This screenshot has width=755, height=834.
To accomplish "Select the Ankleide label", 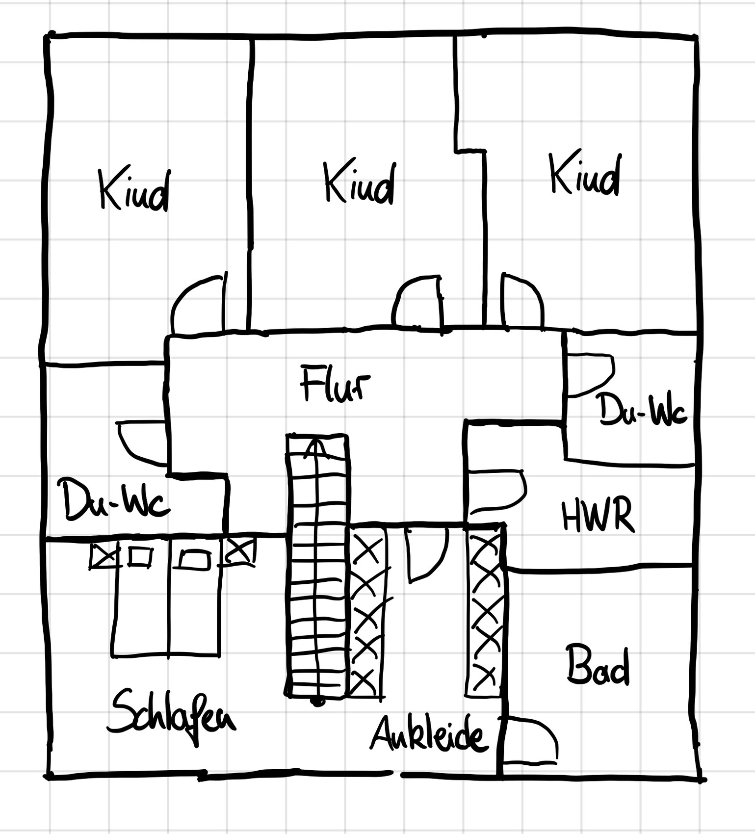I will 429,734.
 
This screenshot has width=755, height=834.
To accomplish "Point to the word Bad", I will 597,666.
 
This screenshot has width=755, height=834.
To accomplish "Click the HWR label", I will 597,516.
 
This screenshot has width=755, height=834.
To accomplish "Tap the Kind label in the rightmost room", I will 585,175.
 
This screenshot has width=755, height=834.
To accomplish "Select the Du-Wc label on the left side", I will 114,499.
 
